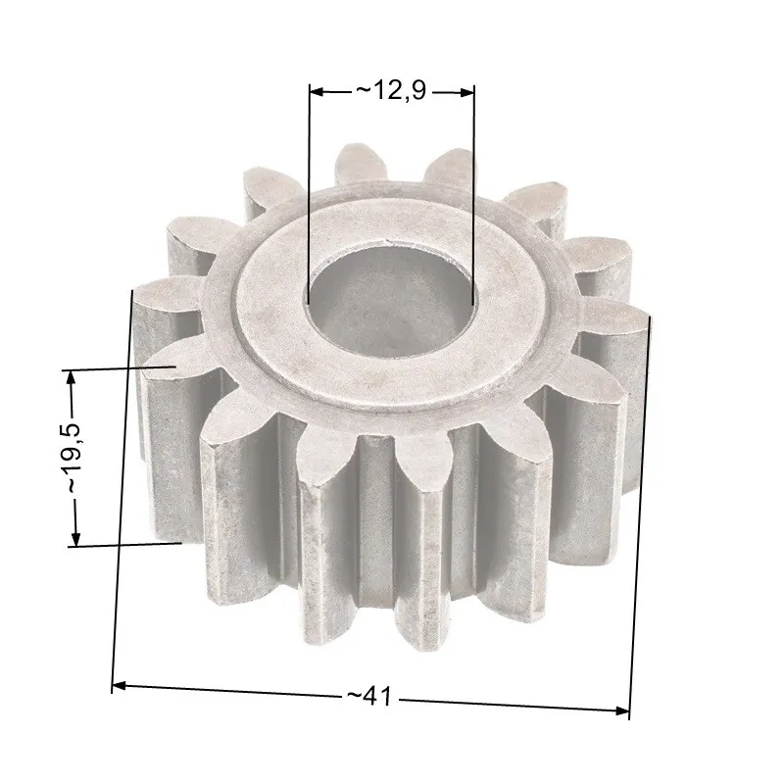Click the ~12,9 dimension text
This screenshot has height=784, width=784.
point(392,91)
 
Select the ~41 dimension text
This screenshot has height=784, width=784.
point(368,696)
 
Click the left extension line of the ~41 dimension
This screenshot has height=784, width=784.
point(122,490)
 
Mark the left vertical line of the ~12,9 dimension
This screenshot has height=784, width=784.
point(309,196)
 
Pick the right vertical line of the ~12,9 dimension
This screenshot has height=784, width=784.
point(474,196)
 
